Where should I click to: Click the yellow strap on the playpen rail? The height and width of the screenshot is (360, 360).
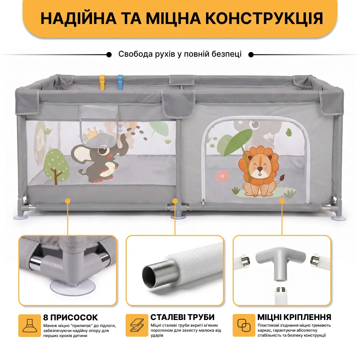[x=102, y=82]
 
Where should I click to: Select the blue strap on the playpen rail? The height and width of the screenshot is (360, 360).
[x=120, y=82]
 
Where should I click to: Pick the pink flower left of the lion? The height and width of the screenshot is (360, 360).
[x=222, y=176]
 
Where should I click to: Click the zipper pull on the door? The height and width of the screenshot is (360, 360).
[x=203, y=203]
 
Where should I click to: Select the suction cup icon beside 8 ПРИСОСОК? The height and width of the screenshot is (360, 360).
[x=30, y=325]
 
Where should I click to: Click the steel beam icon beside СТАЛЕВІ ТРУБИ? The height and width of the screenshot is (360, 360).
[x=137, y=325]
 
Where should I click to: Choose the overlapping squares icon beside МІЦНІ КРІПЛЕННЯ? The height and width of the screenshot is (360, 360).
[x=244, y=325]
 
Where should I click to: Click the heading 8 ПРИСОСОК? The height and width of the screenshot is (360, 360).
[x=70, y=318]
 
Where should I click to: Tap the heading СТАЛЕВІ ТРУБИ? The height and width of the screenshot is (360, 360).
[x=183, y=317]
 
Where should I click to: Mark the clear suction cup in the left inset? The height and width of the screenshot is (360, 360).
[x=73, y=287]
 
